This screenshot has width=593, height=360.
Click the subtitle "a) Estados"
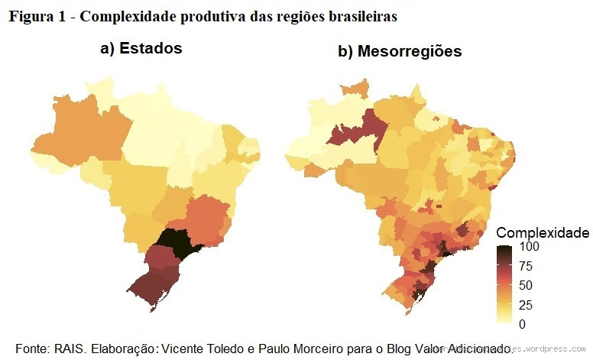point(141,48)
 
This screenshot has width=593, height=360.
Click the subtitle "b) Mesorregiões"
point(400,52)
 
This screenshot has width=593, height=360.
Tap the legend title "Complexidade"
point(542,232)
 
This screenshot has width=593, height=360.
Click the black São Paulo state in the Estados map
point(174,244)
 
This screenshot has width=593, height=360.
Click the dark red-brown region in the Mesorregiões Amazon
point(358,131)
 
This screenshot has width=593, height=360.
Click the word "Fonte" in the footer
point(31,346)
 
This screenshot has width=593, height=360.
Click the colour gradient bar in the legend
point(504,285)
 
